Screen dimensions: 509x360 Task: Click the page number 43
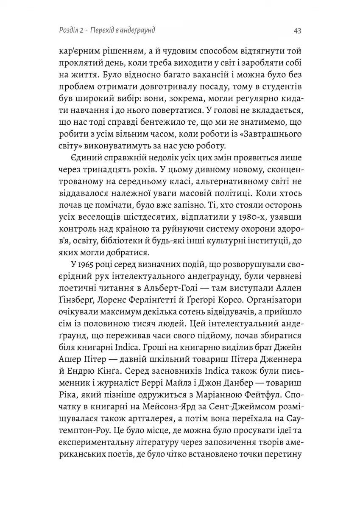tap(297, 31)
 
